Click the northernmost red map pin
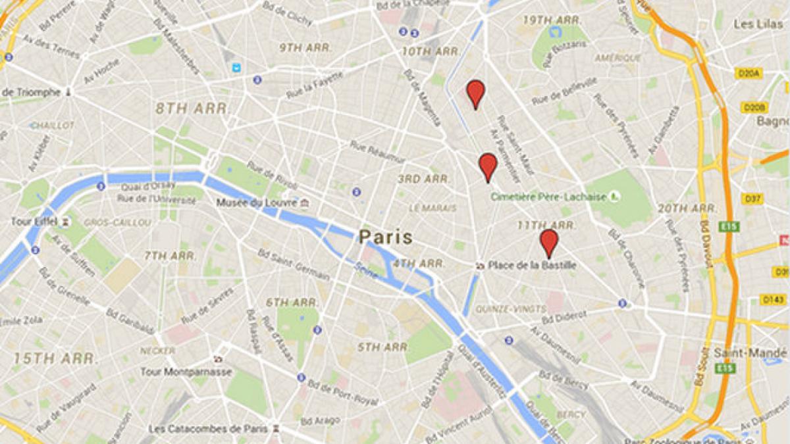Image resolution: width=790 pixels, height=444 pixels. click(475, 93)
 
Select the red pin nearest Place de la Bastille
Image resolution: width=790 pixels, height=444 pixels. click(548, 241)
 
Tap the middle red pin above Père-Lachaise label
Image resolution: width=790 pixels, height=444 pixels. click(487, 166)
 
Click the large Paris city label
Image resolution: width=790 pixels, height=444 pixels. click(386, 237)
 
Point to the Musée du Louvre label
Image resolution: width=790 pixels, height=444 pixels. click(257, 203)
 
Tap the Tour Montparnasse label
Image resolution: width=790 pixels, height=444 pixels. click(186, 372)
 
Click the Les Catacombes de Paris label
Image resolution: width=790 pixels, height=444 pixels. click(208, 428)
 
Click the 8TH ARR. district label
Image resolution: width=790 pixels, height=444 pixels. click(192, 109)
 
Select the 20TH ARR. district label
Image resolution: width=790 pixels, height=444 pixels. click(687, 209)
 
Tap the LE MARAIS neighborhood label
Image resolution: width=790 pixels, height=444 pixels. click(433, 208)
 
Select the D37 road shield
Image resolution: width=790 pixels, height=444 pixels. click(752, 198)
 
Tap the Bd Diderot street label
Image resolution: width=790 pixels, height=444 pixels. click(563, 316)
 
